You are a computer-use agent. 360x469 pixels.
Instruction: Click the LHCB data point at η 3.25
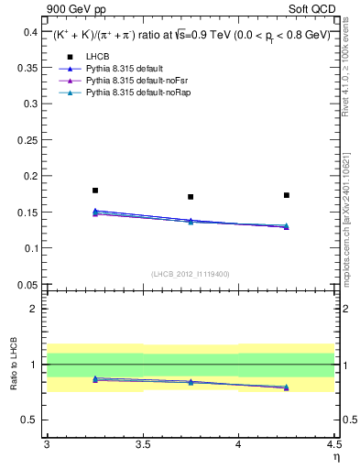pyautogui.click(x=95, y=191)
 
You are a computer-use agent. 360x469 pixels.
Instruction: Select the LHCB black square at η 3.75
pyautogui.click(x=191, y=197)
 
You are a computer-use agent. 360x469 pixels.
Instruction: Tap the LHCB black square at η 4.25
pyautogui.click(x=287, y=195)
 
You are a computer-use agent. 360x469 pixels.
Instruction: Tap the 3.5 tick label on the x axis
pyautogui.click(x=143, y=444)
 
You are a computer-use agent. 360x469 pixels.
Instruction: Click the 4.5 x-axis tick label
pyautogui.click(x=333, y=444)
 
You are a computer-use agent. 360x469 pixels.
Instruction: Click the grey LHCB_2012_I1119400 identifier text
pyautogui.click(x=191, y=274)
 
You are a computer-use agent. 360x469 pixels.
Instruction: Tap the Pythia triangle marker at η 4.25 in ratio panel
pyautogui.click(x=287, y=387)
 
